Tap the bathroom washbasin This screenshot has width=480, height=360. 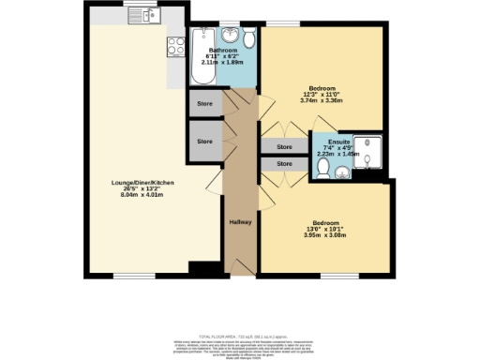[x=230, y=35]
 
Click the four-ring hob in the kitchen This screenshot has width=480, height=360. [x=174, y=45]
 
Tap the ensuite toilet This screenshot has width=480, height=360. [x=322, y=167]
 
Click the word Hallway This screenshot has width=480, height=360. [x=241, y=221]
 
